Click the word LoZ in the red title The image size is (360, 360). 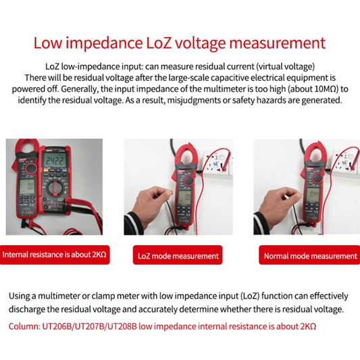pos(159,44)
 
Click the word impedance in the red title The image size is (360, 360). pos(99,44)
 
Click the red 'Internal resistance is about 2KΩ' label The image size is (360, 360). pos(55,255)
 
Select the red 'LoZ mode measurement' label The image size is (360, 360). pos(178,256)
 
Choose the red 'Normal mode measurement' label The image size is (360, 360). pos(309,256)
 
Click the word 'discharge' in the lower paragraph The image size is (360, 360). pos(33,309)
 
